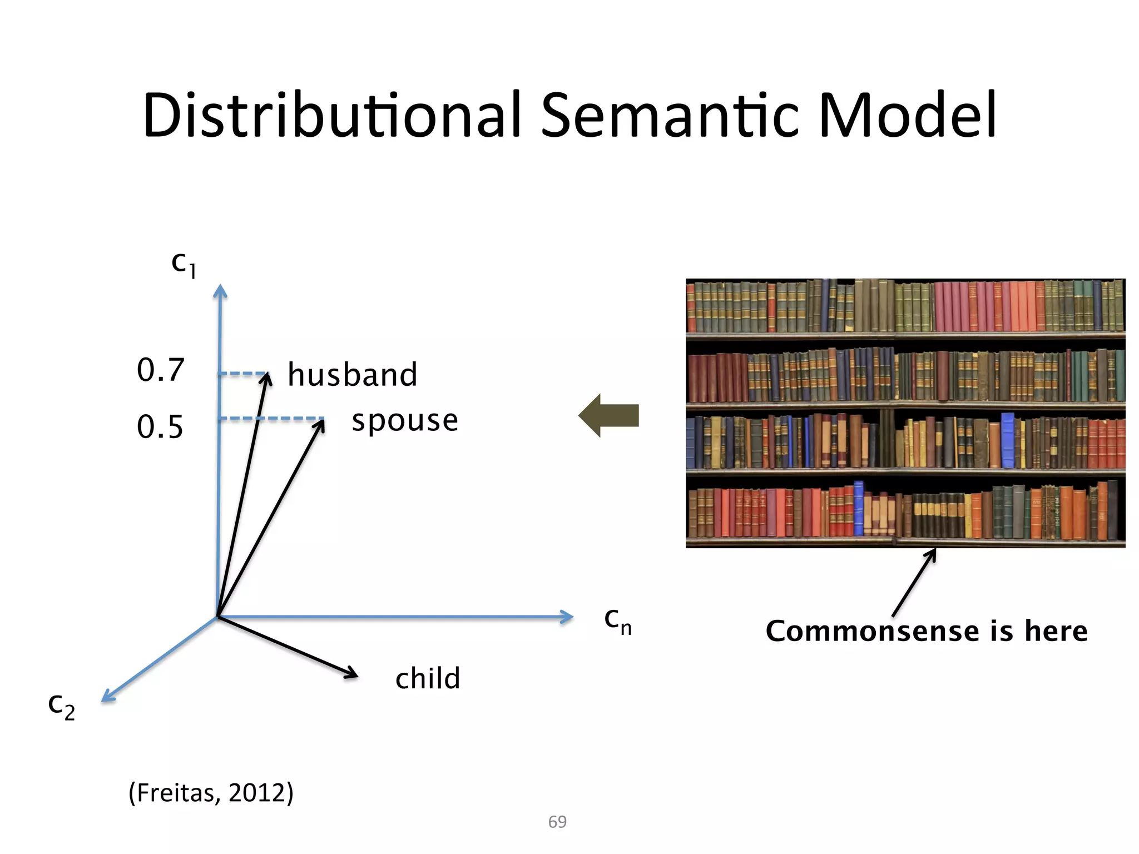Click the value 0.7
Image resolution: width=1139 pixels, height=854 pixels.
(x=160, y=370)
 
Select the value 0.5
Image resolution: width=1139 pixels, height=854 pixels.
(x=160, y=427)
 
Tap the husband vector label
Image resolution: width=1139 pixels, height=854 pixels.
(x=352, y=375)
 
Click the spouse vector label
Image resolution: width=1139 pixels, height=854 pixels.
(x=405, y=421)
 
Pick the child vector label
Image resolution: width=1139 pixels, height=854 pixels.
(x=428, y=679)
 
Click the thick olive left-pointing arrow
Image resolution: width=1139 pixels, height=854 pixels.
(x=609, y=415)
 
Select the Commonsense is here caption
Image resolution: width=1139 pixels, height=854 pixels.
(x=927, y=631)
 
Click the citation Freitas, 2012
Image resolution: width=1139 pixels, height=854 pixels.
(x=211, y=792)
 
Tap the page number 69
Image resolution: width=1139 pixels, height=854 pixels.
(x=557, y=822)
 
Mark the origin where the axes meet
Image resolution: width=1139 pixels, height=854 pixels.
(x=217, y=617)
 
